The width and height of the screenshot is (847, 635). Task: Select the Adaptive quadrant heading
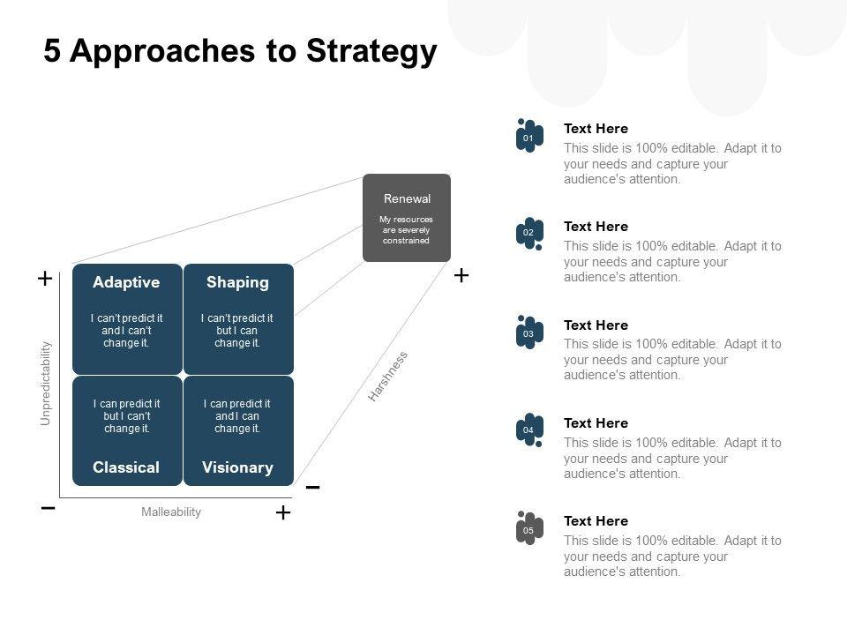click(126, 282)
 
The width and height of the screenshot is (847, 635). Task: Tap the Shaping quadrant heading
click(237, 282)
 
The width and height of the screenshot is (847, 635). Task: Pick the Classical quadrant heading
click(126, 467)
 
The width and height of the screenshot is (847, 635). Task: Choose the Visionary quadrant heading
click(237, 467)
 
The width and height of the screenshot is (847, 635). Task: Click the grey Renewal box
click(407, 218)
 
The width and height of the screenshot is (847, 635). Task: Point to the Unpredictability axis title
click(46, 384)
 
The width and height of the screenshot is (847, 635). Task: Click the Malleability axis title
click(171, 512)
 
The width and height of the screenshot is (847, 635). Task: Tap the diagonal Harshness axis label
click(388, 377)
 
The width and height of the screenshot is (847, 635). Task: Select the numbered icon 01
click(528, 137)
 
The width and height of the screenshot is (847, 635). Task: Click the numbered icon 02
click(528, 234)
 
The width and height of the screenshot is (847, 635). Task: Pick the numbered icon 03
click(528, 333)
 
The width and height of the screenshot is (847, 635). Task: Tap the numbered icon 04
click(528, 430)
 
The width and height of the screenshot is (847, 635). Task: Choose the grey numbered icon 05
click(528, 529)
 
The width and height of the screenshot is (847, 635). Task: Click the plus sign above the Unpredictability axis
click(44, 279)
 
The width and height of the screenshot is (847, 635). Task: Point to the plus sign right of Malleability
click(282, 512)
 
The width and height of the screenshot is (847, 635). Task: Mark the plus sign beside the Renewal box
click(461, 276)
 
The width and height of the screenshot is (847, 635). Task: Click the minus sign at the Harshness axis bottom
click(312, 488)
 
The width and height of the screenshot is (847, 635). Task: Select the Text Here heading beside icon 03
click(596, 325)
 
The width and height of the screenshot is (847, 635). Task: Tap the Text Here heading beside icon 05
click(596, 521)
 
